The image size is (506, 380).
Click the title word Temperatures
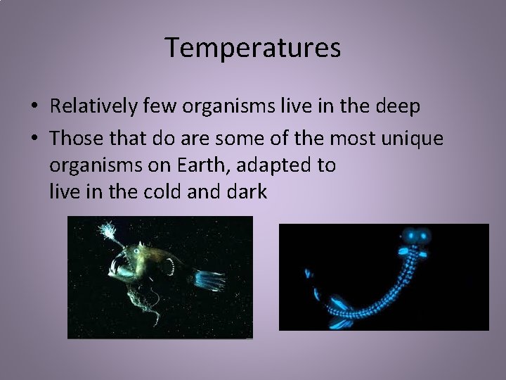(253, 48)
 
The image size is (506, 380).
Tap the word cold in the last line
(163, 191)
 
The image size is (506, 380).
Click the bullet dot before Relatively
(34, 108)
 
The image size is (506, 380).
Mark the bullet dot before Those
(34, 139)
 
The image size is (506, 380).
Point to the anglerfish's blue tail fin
(209, 279)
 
